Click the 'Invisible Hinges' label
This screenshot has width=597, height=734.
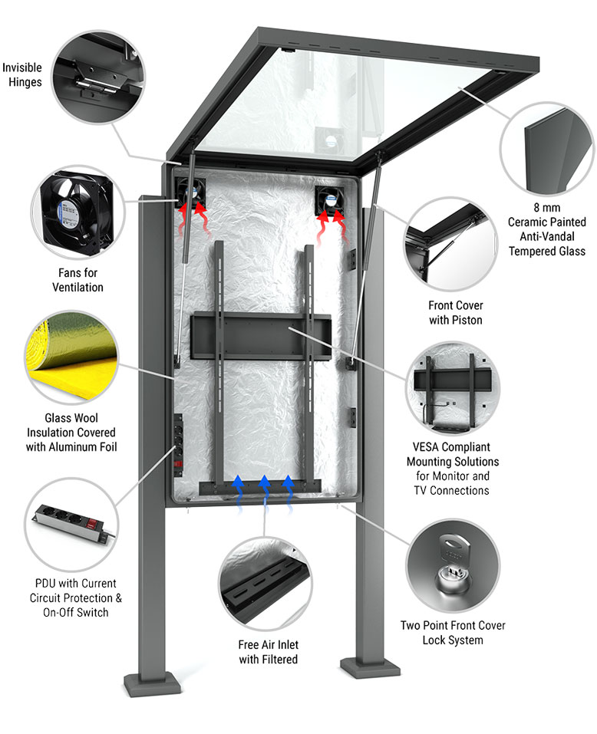pyautogui.click(x=22, y=74)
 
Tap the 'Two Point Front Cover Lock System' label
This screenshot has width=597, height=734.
pyautogui.click(x=453, y=632)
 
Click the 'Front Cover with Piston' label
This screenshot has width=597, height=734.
pyautogui.click(x=456, y=312)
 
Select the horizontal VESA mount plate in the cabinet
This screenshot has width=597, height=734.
pyautogui.click(x=259, y=335)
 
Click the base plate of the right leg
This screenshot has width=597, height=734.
pyautogui.click(x=371, y=664)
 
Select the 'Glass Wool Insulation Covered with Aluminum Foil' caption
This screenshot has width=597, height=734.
pyautogui.click(x=71, y=433)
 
